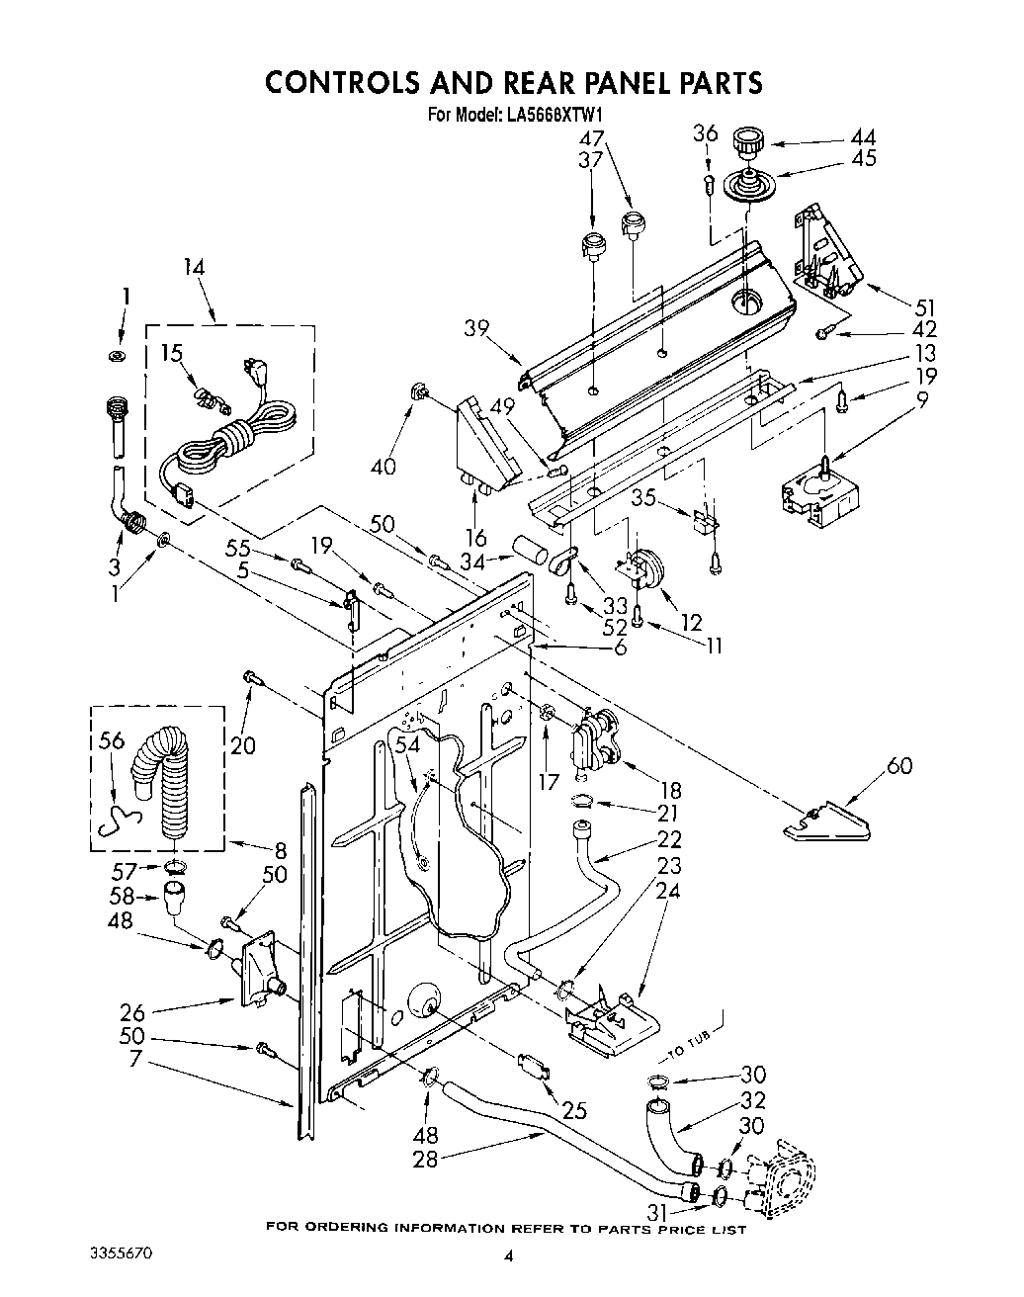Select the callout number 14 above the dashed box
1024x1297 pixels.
click(196, 266)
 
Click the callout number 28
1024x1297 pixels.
click(425, 1159)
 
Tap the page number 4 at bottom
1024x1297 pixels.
click(509, 1256)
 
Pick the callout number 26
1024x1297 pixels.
click(132, 1012)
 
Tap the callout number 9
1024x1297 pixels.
click(923, 400)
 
